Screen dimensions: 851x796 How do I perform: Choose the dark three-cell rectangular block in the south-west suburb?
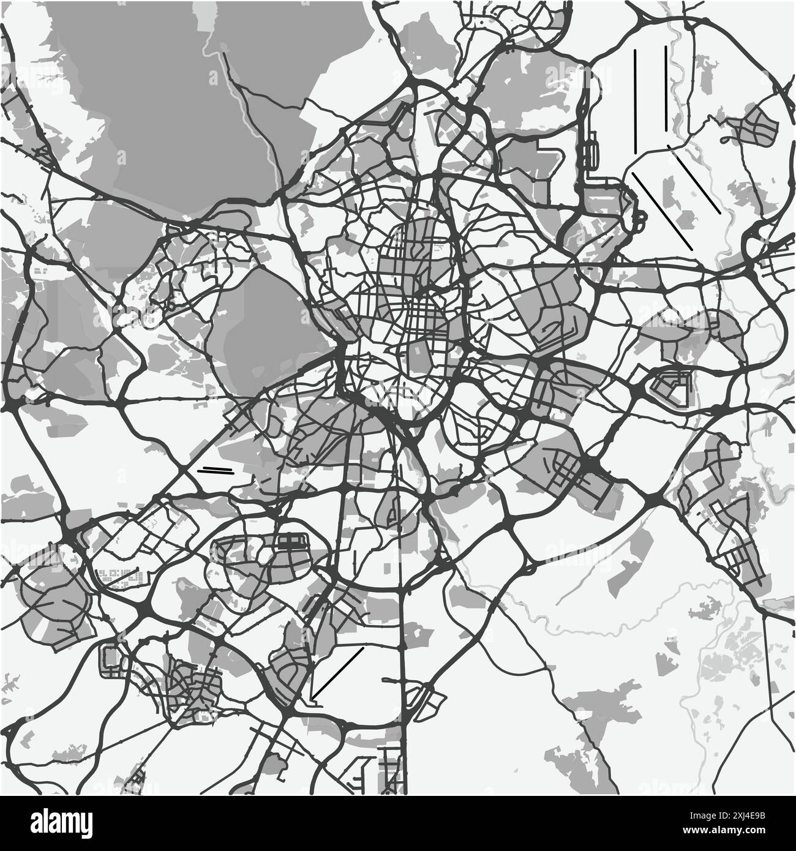click(x=295, y=540)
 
